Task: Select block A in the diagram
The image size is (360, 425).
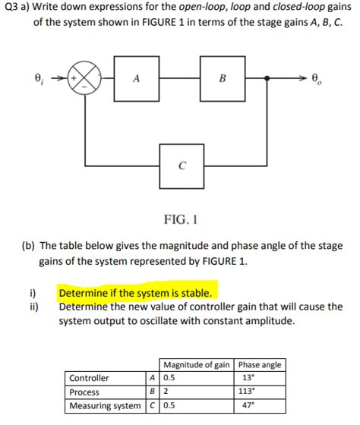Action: [136, 77]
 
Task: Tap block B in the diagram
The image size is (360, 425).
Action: [223, 77]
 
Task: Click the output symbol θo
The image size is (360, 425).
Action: [319, 77]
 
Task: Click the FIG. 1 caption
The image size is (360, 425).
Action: [181, 221]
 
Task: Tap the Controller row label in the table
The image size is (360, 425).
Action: [89, 378]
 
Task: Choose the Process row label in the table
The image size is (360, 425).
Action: [84, 392]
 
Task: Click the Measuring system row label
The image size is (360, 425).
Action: [105, 406]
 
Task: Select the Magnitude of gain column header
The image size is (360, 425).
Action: [196, 364]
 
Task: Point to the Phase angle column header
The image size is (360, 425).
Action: [260, 364]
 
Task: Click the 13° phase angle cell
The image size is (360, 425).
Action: [248, 378]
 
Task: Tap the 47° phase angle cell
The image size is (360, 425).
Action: [248, 406]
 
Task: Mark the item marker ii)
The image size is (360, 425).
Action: [33, 307]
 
